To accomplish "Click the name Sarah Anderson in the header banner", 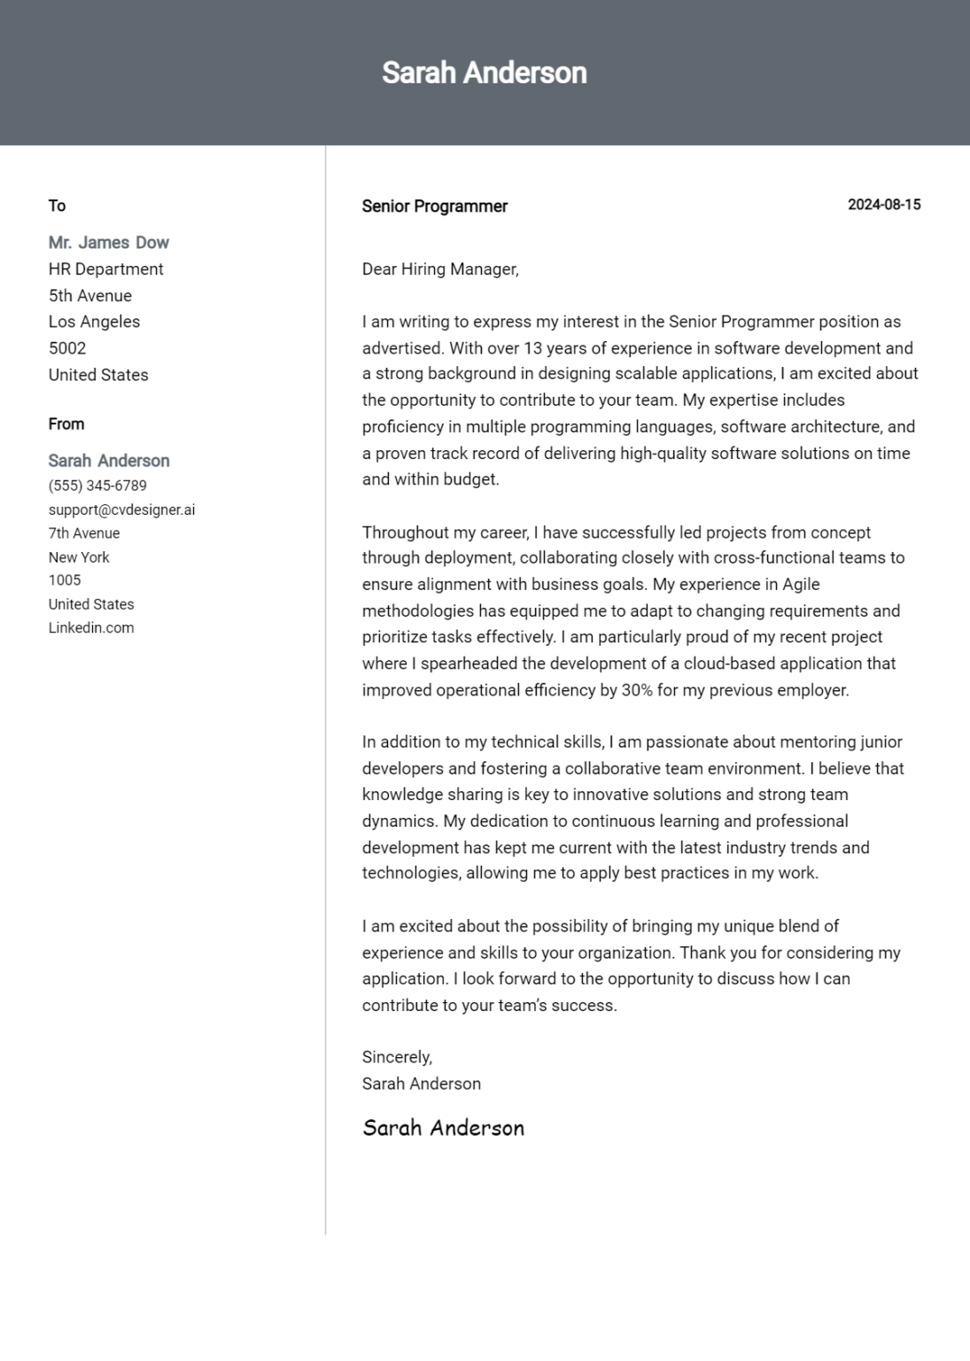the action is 484,73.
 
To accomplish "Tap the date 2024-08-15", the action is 883,205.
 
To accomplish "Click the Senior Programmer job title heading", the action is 434,206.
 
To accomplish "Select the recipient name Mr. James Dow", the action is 108,243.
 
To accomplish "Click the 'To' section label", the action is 57,206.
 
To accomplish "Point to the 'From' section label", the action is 66,424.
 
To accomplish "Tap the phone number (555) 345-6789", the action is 97,486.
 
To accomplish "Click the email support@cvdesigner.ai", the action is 121,509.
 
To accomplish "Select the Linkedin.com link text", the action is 91,627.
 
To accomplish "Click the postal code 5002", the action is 67,348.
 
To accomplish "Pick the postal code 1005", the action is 65,580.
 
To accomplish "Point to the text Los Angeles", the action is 94,322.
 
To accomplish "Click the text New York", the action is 79,557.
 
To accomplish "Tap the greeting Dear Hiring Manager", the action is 439,269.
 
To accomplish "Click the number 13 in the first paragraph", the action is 533,348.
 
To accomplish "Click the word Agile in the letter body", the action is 801,585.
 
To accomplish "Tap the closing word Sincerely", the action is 396,1057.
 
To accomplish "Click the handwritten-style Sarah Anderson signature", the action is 443,1128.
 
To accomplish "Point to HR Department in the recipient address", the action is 105,269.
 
